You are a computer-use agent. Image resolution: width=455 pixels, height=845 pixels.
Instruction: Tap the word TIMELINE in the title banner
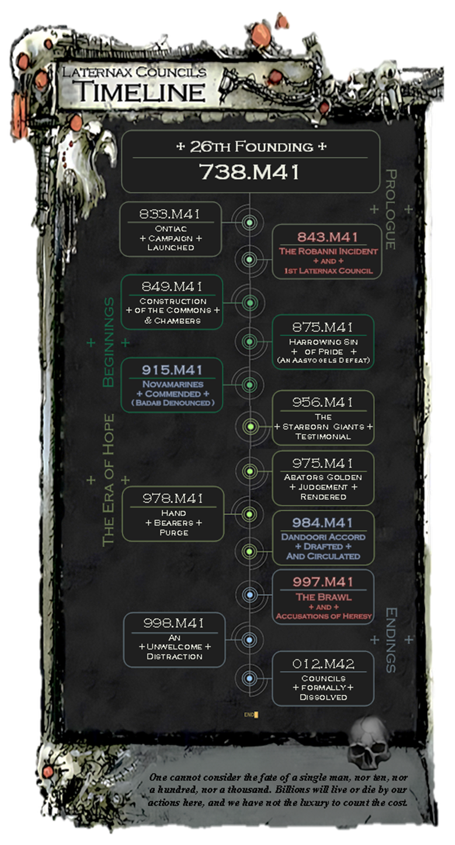coord(143,92)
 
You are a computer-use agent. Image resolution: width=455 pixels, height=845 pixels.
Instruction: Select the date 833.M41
coord(170,214)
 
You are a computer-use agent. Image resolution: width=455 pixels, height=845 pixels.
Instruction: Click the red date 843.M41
coord(327,237)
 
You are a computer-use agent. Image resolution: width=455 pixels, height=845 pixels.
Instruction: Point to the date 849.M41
coord(171,287)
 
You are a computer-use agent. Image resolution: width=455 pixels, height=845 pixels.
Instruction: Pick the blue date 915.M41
coord(172,370)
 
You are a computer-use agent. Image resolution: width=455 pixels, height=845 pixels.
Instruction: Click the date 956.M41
coord(323,403)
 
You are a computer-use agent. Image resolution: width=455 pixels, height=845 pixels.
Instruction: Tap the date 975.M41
coord(323,463)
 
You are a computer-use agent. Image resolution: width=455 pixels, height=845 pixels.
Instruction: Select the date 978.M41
coord(173,498)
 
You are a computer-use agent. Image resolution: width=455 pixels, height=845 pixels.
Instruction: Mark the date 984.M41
coord(323,523)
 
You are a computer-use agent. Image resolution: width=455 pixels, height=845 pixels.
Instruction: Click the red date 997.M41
coord(323,582)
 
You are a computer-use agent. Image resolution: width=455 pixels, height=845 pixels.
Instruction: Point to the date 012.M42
coord(323,664)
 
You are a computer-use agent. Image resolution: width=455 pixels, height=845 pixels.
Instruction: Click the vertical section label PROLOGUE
coord(391,209)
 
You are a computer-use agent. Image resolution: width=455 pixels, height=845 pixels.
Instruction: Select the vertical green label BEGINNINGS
coord(108,342)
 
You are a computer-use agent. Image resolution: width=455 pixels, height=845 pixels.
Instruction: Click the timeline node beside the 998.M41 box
coord(249,640)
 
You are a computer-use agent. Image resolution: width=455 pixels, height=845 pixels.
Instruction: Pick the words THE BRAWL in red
coord(323,597)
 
